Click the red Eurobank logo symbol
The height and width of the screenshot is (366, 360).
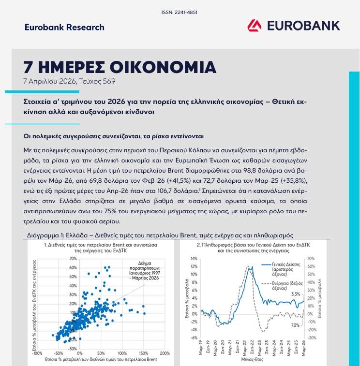pos(255,26)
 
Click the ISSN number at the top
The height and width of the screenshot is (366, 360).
pos(179,12)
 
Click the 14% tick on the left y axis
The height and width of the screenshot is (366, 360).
pos(194,259)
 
